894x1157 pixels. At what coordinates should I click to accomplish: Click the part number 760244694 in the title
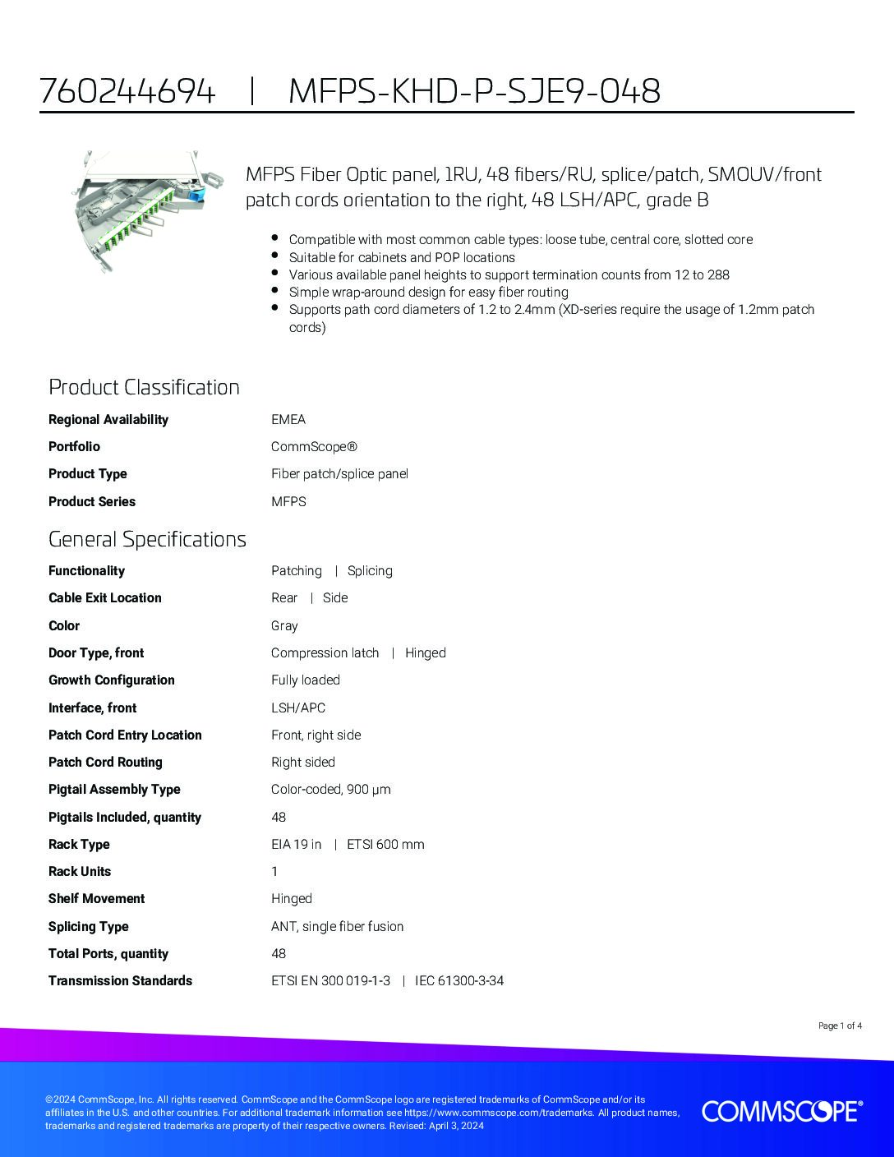127,91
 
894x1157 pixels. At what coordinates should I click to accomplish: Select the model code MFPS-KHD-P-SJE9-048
474,91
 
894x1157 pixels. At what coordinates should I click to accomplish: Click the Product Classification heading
144,387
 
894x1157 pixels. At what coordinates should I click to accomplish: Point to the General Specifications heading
147,539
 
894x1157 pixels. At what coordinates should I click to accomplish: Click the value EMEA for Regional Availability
288,419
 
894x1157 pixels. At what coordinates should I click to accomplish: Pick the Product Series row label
92,501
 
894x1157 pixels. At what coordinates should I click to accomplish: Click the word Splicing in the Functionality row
370,570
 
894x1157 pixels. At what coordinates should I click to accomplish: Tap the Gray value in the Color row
284,625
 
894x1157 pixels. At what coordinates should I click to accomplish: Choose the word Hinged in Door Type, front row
426,652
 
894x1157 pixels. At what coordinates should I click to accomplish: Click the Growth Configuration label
112,680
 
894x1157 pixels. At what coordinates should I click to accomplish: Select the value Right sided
303,762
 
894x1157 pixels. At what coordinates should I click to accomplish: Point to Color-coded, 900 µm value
331,789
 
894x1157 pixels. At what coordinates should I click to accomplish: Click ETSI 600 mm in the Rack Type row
385,844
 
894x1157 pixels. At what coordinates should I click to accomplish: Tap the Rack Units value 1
274,871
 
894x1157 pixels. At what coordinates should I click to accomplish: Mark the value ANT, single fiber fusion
338,926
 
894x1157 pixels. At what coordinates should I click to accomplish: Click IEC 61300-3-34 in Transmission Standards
459,980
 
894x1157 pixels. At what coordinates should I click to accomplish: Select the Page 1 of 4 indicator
840,1026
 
